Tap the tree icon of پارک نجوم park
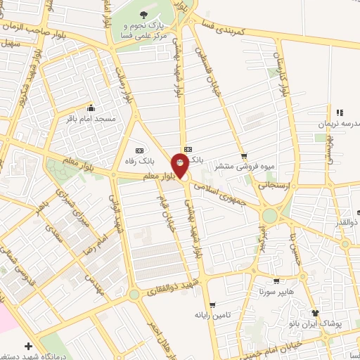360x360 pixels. coord(143,13)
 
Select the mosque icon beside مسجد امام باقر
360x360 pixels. coord(91,108)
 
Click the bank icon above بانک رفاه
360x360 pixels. coord(139,150)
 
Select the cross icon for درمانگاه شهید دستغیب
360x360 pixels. coord(27,346)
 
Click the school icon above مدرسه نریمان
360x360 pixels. coord(340,112)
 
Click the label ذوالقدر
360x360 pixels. coord(348,223)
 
